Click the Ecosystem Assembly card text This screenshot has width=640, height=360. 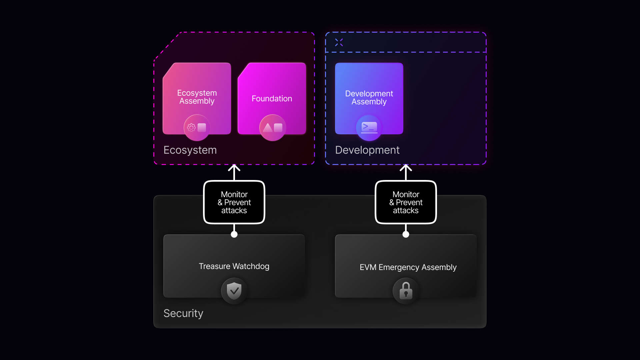tap(197, 97)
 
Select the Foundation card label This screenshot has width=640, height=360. tap(272, 99)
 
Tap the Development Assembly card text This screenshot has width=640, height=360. tap(369, 98)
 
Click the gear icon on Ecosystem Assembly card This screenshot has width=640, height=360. tap(191, 128)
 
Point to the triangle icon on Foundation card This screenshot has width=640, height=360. tap(268, 128)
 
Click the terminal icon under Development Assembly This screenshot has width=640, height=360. tap(369, 127)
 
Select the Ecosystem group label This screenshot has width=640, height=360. tap(190, 150)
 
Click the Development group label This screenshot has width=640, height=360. tap(367, 150)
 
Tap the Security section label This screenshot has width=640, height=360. tap(183, 313)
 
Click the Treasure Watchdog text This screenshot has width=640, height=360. tap(234, 266)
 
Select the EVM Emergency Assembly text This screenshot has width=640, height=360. tap(408, 267)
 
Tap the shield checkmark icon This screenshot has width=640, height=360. tap(234, 291)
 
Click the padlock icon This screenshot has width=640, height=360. tap(406, 291)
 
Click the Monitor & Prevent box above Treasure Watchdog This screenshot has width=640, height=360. tap(234, 202)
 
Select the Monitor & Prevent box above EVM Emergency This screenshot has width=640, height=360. tap(406, 202)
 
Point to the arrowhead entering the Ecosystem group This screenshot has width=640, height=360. tap(234, 168)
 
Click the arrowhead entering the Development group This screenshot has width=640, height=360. tap(406, 168)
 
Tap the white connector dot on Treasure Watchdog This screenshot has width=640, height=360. tap(234, 234)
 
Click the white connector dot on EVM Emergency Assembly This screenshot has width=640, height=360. tap(406, 234)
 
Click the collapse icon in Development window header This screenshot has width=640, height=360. tap(339, 42)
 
